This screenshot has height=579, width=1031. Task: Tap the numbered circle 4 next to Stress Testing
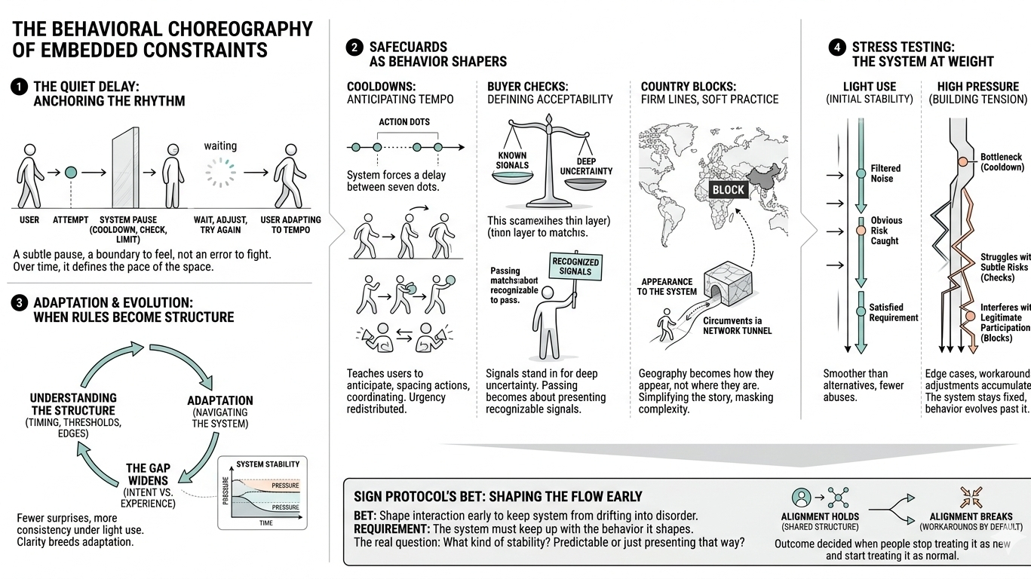click(x=837, y=47)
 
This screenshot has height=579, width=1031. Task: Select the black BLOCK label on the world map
click(x=728, y=190)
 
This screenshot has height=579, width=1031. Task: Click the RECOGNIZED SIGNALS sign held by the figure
click(x=576, y=267)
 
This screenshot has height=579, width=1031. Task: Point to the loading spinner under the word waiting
click(x=220, y=173)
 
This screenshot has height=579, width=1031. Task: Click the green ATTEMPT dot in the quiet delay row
click(x=71, y=173)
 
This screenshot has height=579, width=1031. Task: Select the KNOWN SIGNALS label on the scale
click(x=513, y=160)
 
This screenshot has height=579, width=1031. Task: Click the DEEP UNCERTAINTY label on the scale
click(x=586, y=166)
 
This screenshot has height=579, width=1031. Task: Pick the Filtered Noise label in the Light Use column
click(x=885, y=173)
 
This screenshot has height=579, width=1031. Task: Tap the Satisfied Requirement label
click(x=893, y=312)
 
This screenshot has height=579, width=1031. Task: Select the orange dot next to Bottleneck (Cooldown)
click(x=962, y=161)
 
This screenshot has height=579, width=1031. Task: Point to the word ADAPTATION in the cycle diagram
click(x=220, y=400)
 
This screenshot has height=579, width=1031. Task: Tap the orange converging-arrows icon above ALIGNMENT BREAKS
click(x=971, y=498)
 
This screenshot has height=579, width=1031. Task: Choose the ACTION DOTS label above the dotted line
click(x=404, y=121)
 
